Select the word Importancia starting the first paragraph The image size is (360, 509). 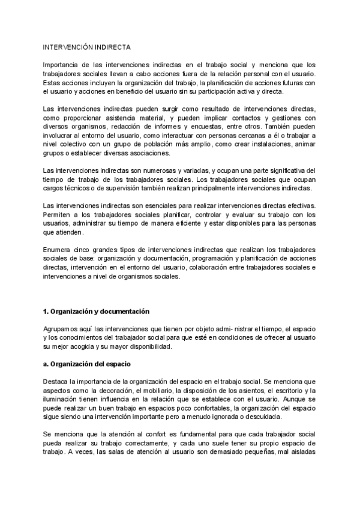[60, 64]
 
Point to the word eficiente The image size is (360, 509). [184, 224]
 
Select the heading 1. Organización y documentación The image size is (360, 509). [96, 311]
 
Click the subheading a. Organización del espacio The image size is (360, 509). [86, 364]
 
